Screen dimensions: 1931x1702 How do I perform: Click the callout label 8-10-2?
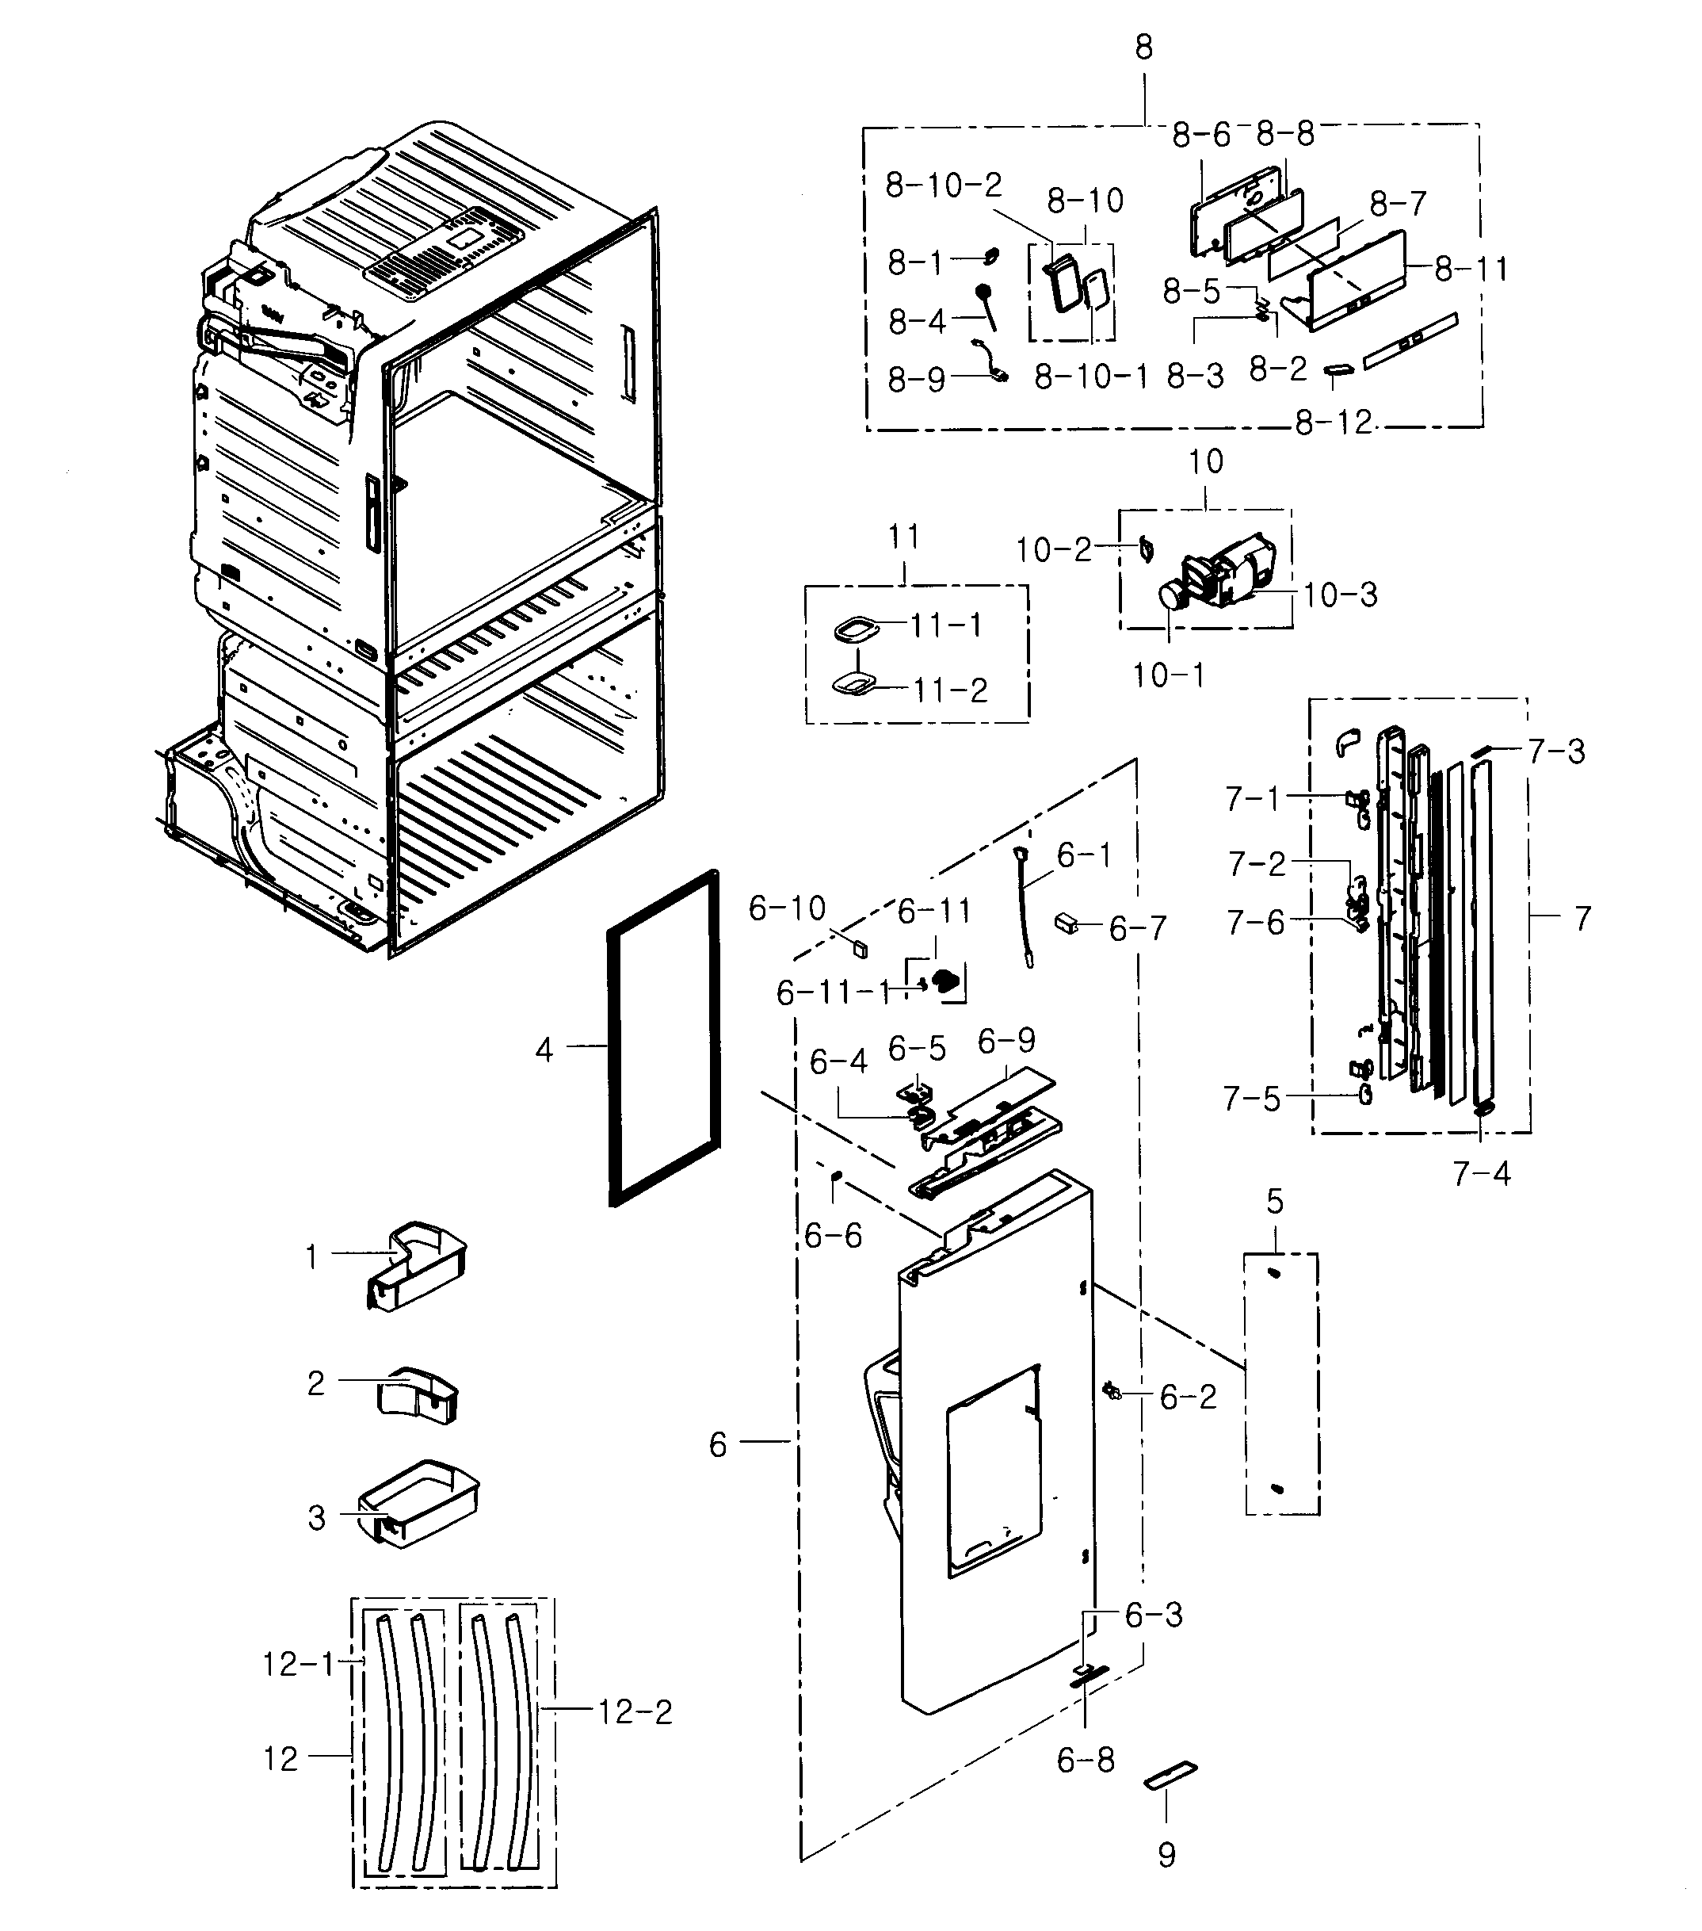[943, 185]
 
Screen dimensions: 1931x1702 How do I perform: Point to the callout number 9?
[1166, 1853]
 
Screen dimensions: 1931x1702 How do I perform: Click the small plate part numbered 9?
[1170, 1775]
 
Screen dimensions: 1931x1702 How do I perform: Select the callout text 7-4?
[1481, 1174]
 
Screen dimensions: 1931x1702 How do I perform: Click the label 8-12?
[1332, 423]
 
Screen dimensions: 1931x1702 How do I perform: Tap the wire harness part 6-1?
[1025, 908]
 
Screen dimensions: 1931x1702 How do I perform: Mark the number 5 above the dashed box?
[1275, 1202]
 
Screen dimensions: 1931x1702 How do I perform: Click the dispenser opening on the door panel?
[992, 1474]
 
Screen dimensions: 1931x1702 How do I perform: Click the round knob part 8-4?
[983, 292]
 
